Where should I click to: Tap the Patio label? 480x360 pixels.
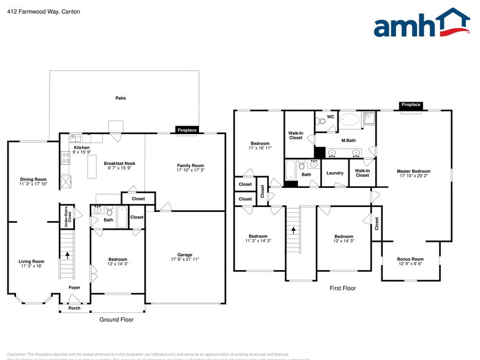point(121,98)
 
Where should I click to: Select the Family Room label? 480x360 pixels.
point(190,166)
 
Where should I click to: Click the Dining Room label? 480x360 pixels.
point(33,179)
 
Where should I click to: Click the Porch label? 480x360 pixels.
point(74,308)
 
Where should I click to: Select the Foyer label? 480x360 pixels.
point(74,287)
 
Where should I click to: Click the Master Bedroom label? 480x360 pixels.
point(413,171)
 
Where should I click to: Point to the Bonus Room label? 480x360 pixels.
point(410,259)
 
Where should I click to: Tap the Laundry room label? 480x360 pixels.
point(335,173)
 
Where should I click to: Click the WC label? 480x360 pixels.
point(330,116)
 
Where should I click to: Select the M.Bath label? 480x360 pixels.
point(348,140)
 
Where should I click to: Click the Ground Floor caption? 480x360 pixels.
point(116,320)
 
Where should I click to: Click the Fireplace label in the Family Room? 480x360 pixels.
point(187,130)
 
